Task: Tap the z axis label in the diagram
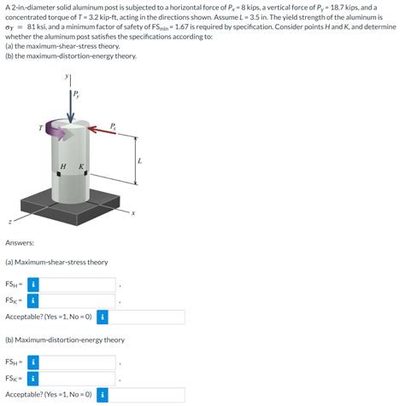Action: coord(10,222)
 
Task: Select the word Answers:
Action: coord(20,241)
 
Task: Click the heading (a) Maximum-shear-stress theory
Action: coord(56,262)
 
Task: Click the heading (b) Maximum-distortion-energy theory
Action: coord(65,339)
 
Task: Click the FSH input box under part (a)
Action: coord(78,284)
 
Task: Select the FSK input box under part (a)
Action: coord(78,300)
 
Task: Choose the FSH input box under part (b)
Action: coord(78,362)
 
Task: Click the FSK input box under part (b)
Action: coord(78,379)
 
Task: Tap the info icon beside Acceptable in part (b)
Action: coord(103,395)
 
